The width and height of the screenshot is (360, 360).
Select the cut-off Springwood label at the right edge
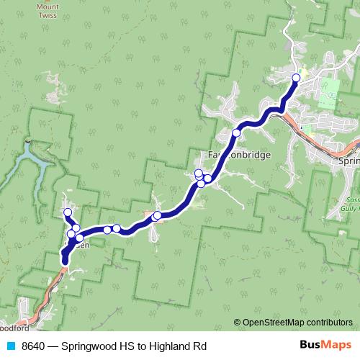click(348, 162)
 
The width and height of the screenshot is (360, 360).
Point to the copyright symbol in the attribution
click(238, 323)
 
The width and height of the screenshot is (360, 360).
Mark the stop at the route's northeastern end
click(296, 77)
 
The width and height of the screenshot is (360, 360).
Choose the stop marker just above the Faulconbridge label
click(236, 133)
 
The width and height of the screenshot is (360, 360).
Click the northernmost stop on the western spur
click(68, 212)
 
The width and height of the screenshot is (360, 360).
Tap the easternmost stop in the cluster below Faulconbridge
click(208, 178)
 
